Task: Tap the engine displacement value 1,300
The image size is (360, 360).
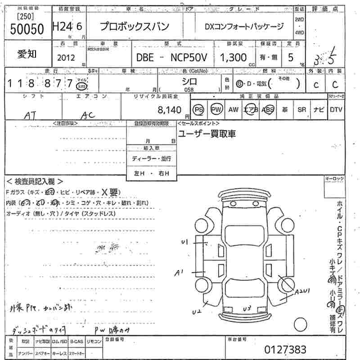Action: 233,57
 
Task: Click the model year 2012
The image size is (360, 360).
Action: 66,58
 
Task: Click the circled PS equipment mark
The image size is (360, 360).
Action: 198,110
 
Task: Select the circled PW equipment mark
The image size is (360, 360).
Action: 216,110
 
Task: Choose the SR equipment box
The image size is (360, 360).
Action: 301,110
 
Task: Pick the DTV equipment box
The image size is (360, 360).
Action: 336,110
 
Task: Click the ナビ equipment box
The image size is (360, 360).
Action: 319,110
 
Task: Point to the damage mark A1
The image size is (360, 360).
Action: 180,272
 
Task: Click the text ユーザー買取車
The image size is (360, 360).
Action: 207,134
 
